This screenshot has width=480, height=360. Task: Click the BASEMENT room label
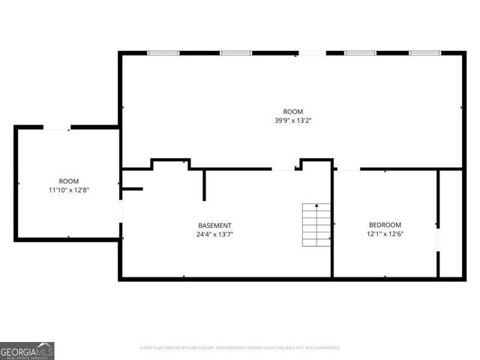[214, 225]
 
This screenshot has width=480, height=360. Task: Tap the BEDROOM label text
[385, 225]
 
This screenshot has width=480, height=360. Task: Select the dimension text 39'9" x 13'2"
[288, 120]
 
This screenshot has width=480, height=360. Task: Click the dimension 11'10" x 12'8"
[69, 190]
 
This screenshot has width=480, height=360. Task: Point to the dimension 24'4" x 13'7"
[214, 234]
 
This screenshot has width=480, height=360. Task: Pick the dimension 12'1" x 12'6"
[385, 234]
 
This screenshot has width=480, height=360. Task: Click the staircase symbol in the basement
[316, 225]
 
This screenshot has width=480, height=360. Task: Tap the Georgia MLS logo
[27, 350]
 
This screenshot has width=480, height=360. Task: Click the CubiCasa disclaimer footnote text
[240, 348]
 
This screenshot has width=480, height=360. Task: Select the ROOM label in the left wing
[69, 181]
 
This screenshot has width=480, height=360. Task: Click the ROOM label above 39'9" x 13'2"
[288, 111]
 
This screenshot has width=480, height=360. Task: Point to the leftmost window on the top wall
[163, 53]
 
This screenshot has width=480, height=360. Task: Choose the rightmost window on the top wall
[424, 53]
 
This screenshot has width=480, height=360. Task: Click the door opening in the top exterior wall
[312, 53]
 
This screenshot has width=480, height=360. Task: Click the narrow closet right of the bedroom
[450, 223]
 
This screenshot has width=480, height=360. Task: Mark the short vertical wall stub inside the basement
[204, 185]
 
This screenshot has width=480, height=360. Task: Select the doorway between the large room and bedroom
[348, 169]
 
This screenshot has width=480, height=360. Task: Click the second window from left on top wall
[235, 53]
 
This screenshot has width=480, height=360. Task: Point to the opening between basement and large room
[283, 169]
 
